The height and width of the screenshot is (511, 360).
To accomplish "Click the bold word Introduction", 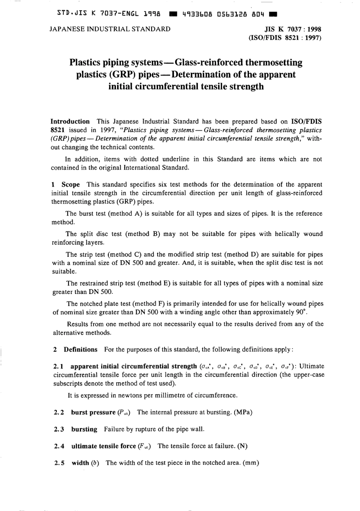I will click(70, 122).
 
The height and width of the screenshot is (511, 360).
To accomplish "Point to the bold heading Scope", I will click(70, 184).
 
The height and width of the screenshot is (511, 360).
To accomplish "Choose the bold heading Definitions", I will click(80, 349).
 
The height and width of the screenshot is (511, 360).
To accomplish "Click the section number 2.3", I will click(59, 429).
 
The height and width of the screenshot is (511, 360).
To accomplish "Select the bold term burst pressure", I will click(93, 412).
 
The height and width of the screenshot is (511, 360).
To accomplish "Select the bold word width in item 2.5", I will click(80, 463).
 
